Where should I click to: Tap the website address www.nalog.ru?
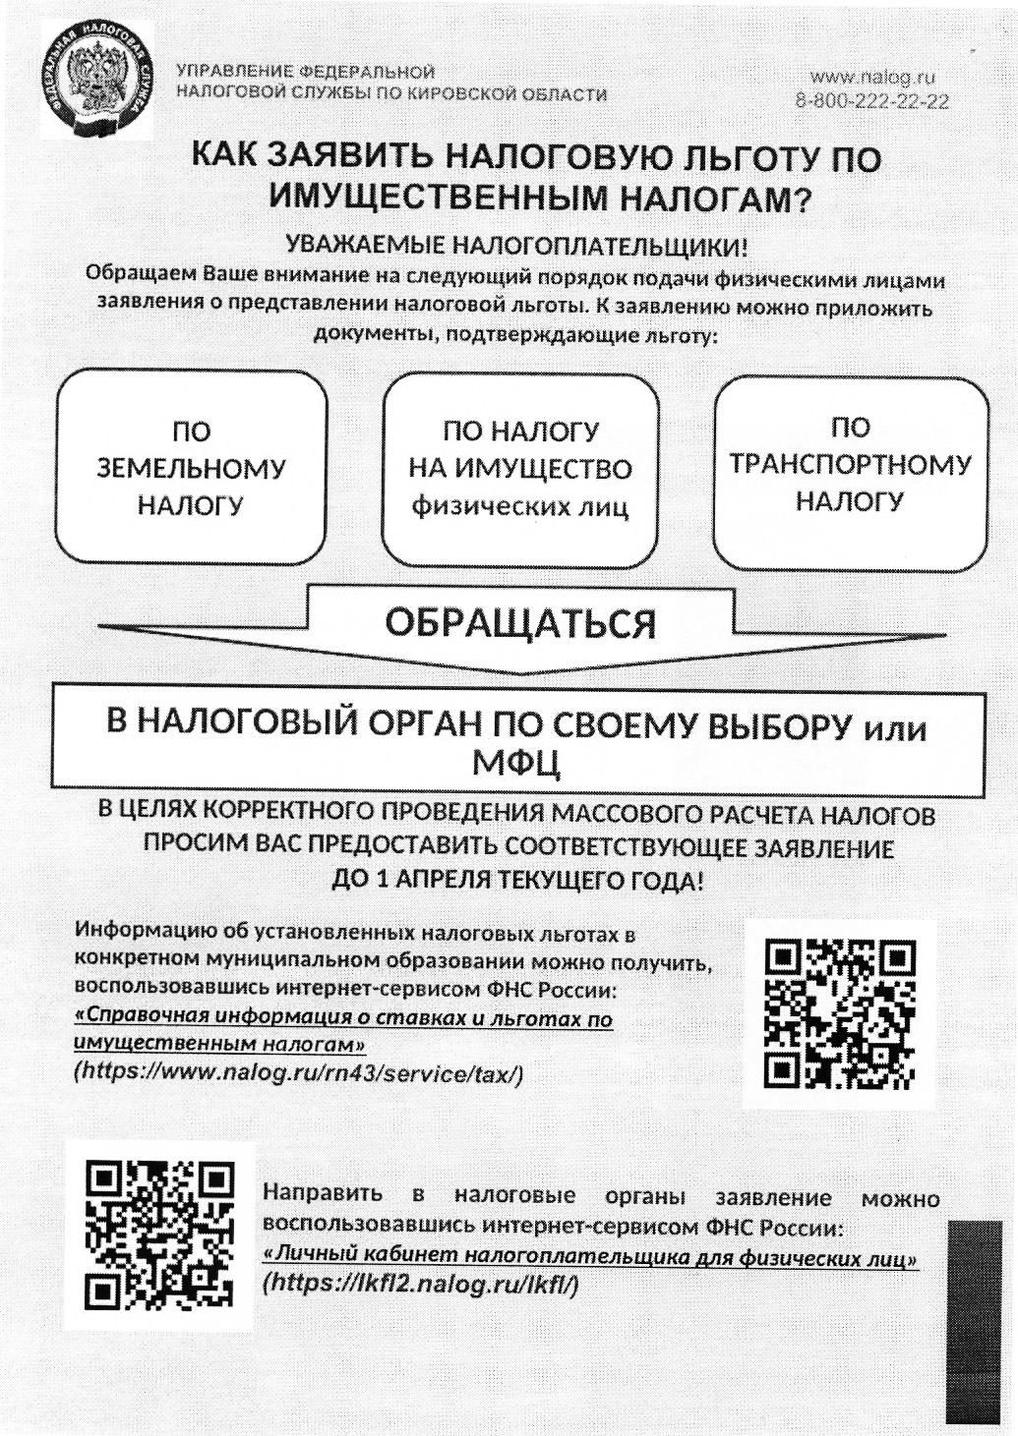pyautogui.click(x=872, y=76)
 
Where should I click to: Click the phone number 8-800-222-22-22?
pyautogui.click(x=872, y=101)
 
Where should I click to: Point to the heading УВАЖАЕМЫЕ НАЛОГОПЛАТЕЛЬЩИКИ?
pyautogui.click(x=516, y=246)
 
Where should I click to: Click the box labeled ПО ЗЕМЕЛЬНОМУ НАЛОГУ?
pyautogui.click(x=191, y=468)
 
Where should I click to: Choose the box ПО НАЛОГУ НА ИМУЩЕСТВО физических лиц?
pyautogui.click(x=519, y=470)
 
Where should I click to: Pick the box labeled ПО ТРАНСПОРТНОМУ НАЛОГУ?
pyautogui.click(x=850, y=465)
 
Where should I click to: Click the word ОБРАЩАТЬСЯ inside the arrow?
pyautogui.click(x=519, y=623)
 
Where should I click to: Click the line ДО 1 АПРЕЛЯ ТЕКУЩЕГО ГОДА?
pyautogui.click(x=517, y=880)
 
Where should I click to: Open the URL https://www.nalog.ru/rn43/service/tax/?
pyautogui.click(x=299, y=1074)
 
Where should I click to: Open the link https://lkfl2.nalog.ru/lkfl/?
pyautogui.click(x=419, y=1283)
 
